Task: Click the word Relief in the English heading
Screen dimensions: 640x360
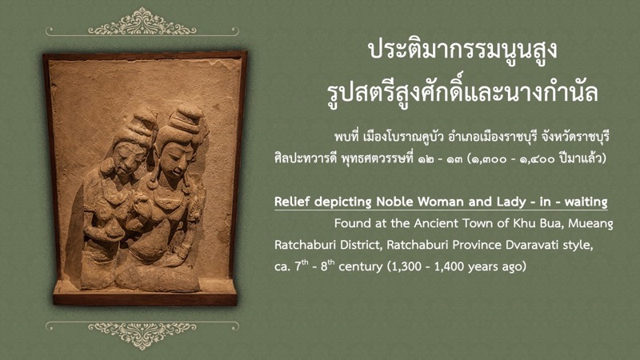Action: [293, 202]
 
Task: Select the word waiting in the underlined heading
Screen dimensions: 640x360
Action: [586, 202]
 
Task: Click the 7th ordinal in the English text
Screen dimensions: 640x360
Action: [302, 266]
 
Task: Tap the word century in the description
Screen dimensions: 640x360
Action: [361, 267]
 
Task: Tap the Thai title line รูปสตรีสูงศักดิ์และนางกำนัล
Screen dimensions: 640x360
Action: [462, 92]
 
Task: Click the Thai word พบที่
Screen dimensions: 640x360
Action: [347, 136]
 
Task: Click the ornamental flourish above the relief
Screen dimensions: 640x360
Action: [142, 24]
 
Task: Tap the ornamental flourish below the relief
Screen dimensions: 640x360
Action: [142, 333]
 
